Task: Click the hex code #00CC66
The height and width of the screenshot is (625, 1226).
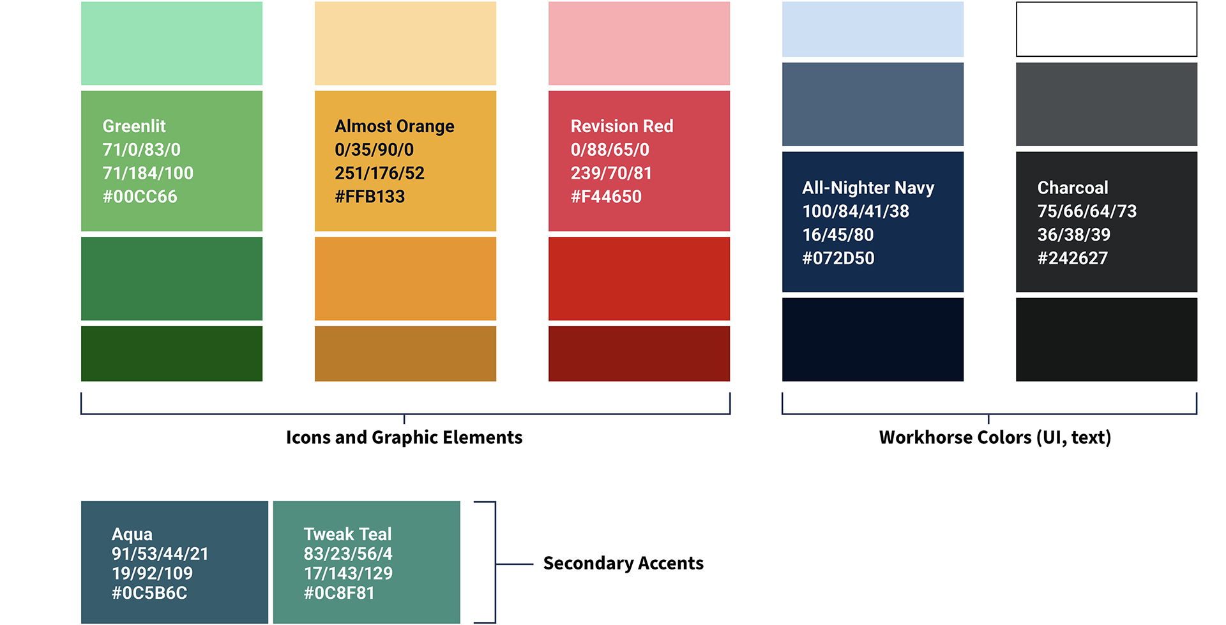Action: click(140, 197)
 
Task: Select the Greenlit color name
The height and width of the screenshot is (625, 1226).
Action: click(134, 126)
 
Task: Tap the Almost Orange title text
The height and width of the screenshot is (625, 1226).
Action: click(395, 126)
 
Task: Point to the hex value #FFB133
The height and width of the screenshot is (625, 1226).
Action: click(370, 197)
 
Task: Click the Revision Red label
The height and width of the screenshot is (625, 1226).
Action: click(622, 126)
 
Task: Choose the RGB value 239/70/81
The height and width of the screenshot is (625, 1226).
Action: click(611, 173)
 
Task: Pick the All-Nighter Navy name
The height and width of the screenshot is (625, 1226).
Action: click(868, 188)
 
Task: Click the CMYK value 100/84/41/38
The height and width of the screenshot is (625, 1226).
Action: click(856, 211)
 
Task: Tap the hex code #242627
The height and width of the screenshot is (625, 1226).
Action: click(1073, 259)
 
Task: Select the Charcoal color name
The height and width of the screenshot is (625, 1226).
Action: click(1073, 188)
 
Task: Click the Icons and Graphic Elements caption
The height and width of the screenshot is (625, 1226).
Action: click(404, 437)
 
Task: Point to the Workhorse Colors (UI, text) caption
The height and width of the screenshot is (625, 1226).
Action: click(995, 437)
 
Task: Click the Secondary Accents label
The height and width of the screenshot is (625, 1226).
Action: click(623, 563)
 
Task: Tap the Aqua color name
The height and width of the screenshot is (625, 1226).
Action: click(132, 534)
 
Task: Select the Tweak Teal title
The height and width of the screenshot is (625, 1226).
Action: click(347, 534)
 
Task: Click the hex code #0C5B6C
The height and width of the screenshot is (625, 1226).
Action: click(149, 593)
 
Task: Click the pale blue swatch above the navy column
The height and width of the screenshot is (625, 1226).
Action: click(873, 29)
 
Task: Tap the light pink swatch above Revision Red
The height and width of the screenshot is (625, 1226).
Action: click(639, 43)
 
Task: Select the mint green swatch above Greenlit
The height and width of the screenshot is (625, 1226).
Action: click(172, 43)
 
